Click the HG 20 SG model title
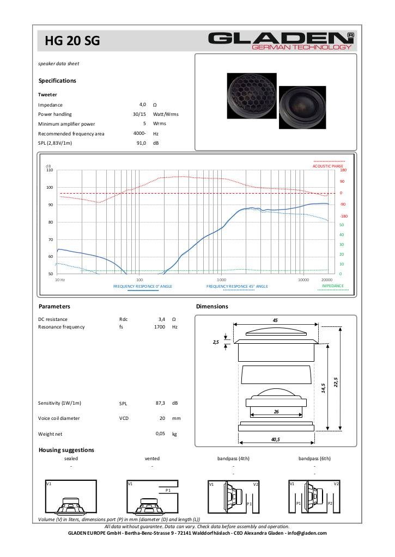(x=72, y=41)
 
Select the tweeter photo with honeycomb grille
(x=252, y=96)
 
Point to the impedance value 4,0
(x=143, y=104)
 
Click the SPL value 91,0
(x=141, y=143)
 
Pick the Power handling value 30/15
(x=139, y=114)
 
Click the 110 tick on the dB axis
(x=50, y=170)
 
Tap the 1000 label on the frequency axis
(x=221, y=280)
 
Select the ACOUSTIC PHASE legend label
(x=328, y=166)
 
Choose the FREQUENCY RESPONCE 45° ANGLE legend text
(x=237, y=286)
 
